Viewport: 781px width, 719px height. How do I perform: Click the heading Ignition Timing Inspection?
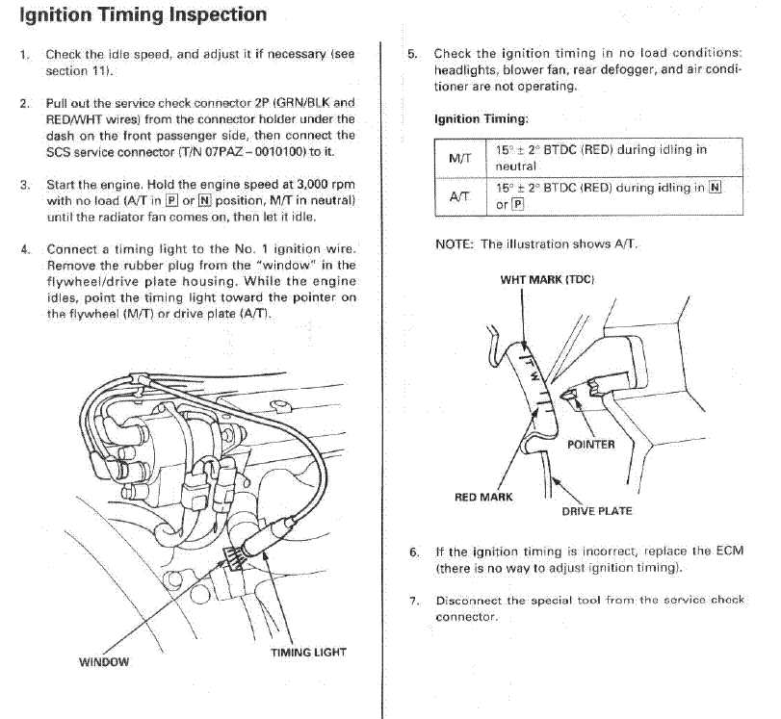143,15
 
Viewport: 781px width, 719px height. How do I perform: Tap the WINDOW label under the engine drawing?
103,661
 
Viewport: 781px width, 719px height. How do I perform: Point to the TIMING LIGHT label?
308,652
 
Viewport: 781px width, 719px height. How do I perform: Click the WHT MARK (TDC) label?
547,279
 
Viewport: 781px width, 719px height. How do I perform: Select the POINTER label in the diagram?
590,445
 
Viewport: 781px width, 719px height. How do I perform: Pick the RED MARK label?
483,498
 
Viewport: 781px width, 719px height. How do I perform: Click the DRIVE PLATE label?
597,511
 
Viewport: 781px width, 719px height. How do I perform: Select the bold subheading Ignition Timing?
481,119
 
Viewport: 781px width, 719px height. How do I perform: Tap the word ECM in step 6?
729,552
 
